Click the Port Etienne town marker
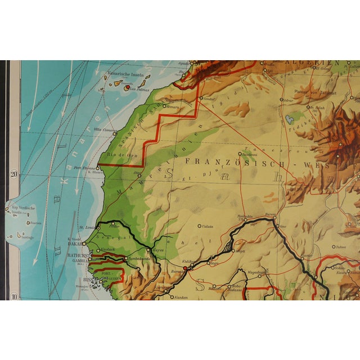98,166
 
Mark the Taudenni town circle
240,154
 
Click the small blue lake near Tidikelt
290,119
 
